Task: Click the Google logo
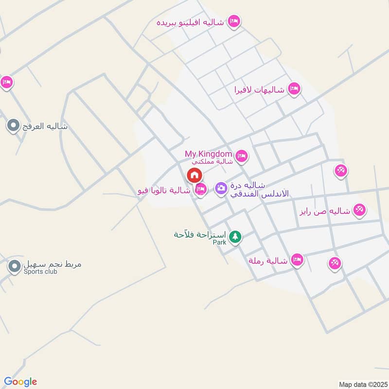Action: click(20, 382)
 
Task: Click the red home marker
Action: click(194, 175)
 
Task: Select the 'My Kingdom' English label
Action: click(208, 154)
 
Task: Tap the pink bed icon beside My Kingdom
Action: click(242, 156)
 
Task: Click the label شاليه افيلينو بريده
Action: click(190, 22)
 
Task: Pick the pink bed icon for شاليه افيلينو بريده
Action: click(234, 22)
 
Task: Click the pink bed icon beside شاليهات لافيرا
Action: click(294, 88)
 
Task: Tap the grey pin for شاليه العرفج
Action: click(13, 126)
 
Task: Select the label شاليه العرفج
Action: click(44, 127)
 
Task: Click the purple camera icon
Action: click(221, 188)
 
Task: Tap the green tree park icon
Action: click(235, 237)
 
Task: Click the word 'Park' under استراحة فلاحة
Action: click(220, 242)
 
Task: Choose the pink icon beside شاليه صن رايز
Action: click(360, 210)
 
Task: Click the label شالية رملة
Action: click(268, 261)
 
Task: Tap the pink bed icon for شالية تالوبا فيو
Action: click(200, 190)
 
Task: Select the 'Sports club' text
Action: click(40, 272)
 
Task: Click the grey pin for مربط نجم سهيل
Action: click(14, 266)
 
